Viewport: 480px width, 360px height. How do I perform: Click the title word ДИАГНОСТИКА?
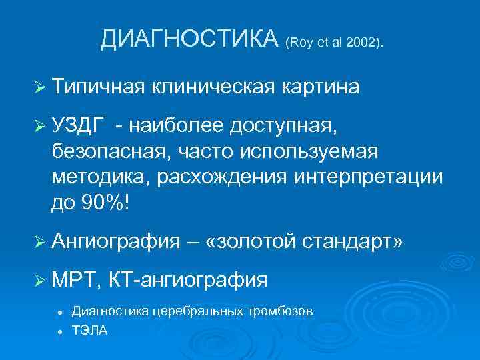click(x=189, y=40)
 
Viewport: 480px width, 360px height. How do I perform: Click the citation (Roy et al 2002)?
click(x=334, y=43)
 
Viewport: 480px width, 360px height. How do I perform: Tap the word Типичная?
click(x=98, y=87)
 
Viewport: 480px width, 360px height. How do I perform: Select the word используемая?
click(x=307, y=151)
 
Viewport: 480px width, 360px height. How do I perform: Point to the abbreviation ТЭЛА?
click(x=89, y=331)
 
